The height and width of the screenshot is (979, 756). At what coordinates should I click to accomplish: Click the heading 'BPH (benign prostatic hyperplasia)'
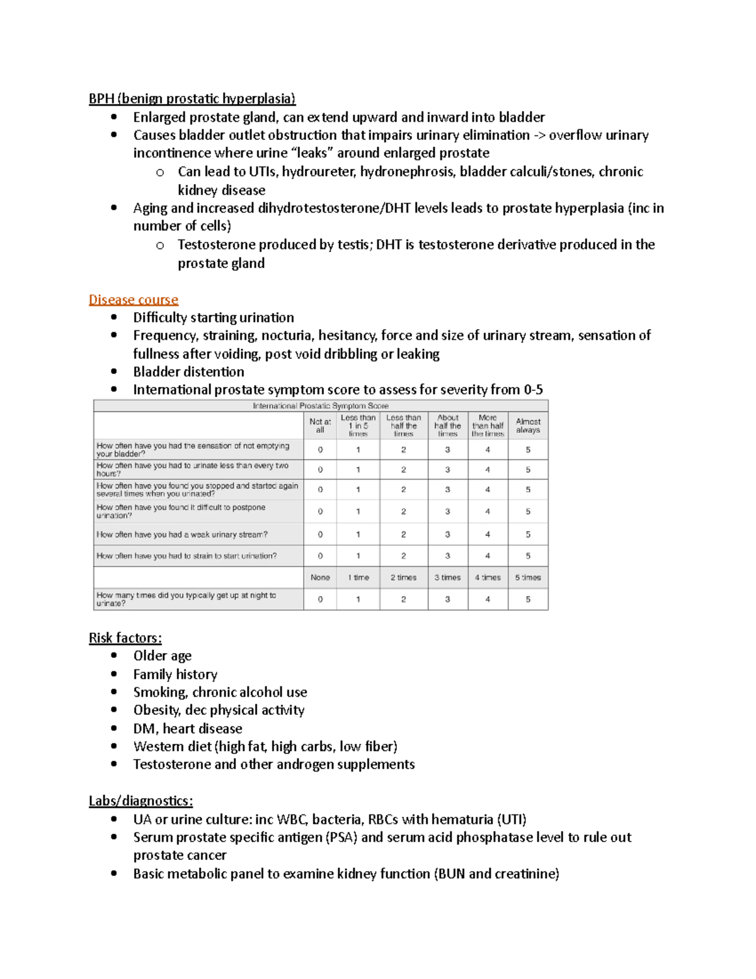point(192,98)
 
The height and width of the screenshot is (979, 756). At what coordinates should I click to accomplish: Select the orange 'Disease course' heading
point(134,299)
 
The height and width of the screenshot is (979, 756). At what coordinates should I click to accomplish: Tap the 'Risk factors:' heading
point(125,638)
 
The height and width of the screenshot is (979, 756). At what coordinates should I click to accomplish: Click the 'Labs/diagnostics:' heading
point(140,801)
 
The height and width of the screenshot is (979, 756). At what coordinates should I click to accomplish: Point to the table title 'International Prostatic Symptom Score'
point(321,406)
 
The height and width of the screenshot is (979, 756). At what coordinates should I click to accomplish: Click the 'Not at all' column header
point(320,426)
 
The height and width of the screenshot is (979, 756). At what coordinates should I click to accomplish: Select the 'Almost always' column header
point(528,426)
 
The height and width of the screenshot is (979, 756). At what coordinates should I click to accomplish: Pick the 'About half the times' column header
point(448,426)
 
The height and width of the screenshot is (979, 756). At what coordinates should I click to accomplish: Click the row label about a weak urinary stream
point(182,535)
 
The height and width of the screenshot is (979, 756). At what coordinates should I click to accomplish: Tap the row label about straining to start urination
point(186,556)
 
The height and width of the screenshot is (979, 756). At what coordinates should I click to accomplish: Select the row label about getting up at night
point(186,599)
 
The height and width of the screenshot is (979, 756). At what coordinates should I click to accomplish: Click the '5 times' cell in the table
point(528,577)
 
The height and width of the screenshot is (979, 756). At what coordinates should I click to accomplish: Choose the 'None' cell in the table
point(320,577)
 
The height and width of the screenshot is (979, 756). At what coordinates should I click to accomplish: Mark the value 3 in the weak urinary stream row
point(448,535)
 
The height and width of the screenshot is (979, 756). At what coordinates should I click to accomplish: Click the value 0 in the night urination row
point(320,600)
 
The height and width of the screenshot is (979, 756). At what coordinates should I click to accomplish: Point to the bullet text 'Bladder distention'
point(188,372)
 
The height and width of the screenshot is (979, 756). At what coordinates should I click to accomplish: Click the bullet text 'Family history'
point(175,675)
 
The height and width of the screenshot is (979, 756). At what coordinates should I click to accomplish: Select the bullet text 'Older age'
point(162,656)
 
